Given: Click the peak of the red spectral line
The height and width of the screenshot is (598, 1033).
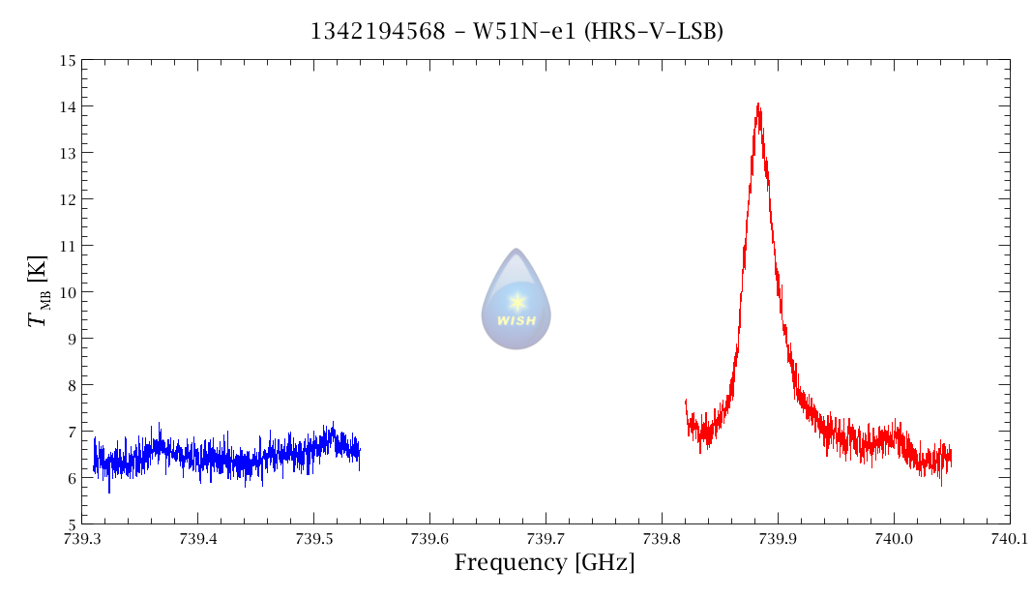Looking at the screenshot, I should pos(758,105).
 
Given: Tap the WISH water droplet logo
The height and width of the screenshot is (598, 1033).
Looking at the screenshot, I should pos(516,299).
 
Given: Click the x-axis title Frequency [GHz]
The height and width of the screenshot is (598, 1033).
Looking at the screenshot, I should pos(545,562).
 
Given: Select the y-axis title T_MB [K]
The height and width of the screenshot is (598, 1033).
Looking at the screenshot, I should pos(40,291).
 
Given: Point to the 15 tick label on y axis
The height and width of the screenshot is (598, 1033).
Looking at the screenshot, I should pos(67,60).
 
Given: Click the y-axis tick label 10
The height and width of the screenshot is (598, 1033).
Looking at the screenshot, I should pos(67,292).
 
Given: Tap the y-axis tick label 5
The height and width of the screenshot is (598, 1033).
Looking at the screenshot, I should pos(71,524).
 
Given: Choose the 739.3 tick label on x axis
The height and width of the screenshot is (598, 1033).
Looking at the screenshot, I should pos(81,539).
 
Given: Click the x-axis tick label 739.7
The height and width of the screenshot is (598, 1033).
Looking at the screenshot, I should pos(546,539).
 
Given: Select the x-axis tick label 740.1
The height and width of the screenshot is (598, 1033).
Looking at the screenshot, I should pos(1010,539).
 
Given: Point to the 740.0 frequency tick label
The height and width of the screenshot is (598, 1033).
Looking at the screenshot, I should pos(894,539).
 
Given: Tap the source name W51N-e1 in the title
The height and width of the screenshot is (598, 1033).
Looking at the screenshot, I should pos(520,32).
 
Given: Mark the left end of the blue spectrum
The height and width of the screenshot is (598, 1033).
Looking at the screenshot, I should pos(94,468).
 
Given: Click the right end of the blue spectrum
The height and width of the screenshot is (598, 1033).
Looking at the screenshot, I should pos(360,452).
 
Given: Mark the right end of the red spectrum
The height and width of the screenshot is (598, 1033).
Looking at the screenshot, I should pos(951,455).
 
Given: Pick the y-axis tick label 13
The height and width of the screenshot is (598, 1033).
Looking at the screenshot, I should pos(67,153).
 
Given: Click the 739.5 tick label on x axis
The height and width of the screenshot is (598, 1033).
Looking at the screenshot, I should pos(313,539).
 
